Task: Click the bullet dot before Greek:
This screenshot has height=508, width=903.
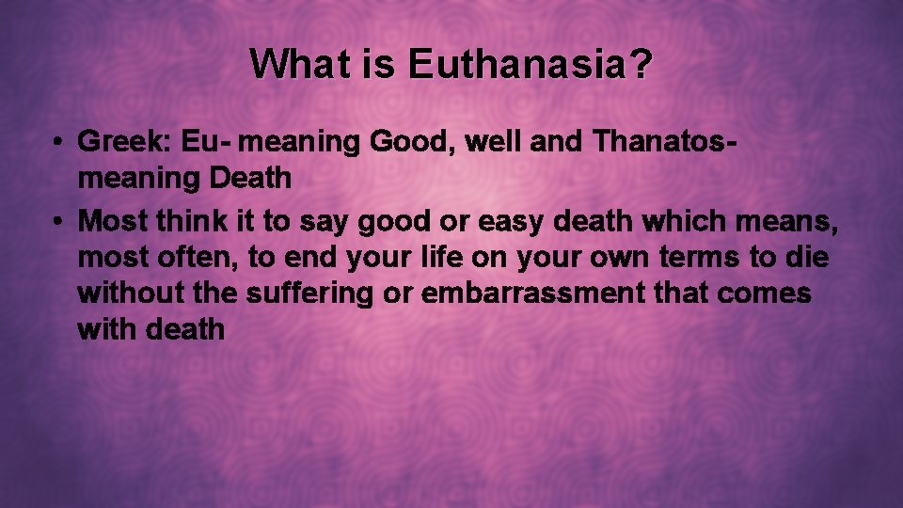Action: tap(58, 143)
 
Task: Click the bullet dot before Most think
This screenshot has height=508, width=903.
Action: tap(58, 222)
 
